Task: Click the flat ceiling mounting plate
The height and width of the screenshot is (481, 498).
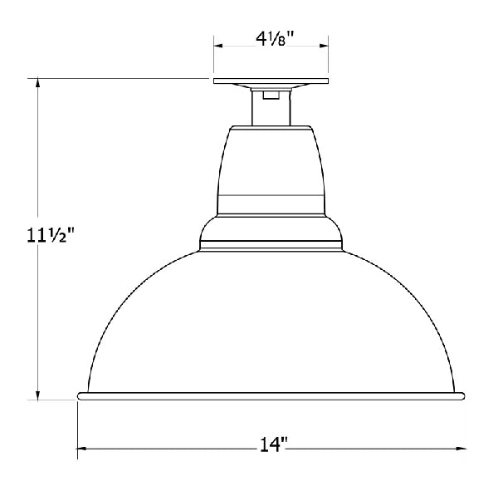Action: (271, 82)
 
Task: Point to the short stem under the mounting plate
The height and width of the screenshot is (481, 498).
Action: (271, 106)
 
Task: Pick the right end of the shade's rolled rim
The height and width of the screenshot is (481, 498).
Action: (461, 396)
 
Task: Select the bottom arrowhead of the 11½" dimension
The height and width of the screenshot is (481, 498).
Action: (37, 394)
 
